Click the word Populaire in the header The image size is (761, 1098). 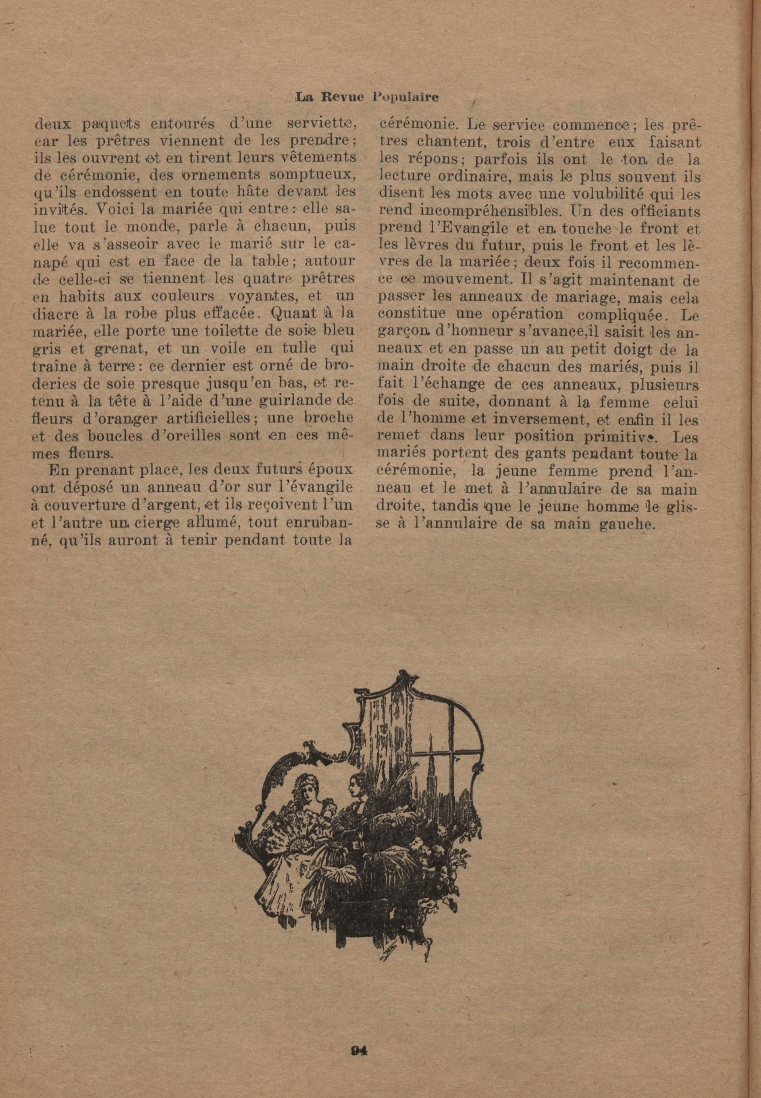point(405,97)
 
